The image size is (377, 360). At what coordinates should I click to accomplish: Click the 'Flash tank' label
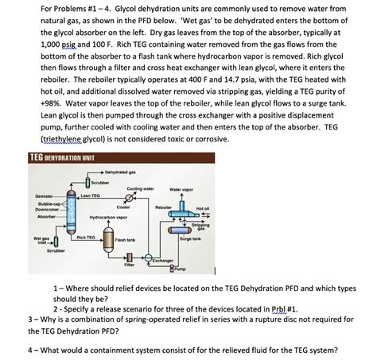[x=126, y=240]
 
